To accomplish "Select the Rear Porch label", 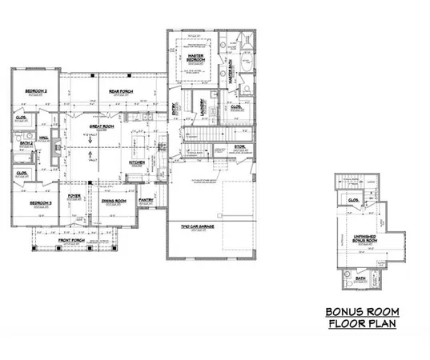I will (x=121, y=92).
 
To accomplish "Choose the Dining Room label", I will (x=116, y=202).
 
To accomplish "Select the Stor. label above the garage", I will (x=239, y=146).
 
